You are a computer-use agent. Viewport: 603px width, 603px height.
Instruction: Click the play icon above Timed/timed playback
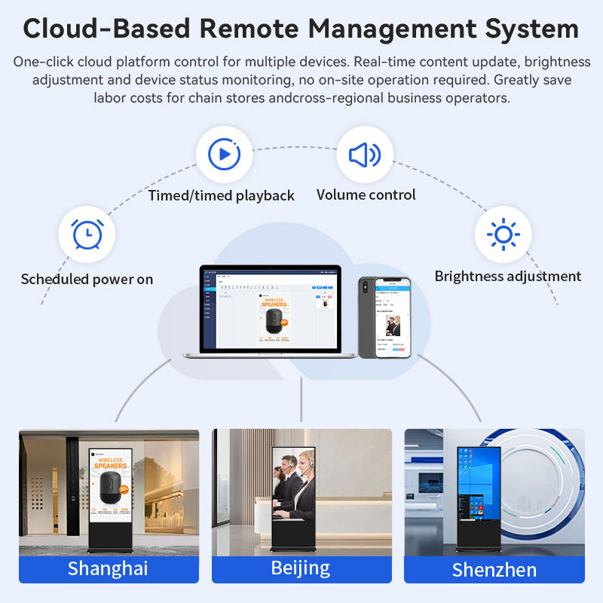(224, 155)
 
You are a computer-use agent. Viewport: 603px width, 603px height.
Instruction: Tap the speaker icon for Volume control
(365, 155)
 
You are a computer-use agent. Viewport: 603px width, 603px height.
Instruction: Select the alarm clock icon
(87, 234)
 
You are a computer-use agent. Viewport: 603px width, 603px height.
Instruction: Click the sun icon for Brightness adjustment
(503, 234)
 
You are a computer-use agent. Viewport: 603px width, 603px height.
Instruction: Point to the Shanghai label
(108, 568)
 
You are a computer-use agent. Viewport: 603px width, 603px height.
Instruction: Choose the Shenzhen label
(494, 570)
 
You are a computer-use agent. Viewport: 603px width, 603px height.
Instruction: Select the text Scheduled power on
(87, 279)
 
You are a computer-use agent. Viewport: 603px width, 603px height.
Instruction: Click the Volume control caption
(366, 194)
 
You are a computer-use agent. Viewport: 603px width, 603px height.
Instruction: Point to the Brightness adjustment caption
(507, 276)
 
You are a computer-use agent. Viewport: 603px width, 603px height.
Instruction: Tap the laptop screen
(270, 308)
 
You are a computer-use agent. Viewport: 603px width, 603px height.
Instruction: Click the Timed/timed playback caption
(221, 195)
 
